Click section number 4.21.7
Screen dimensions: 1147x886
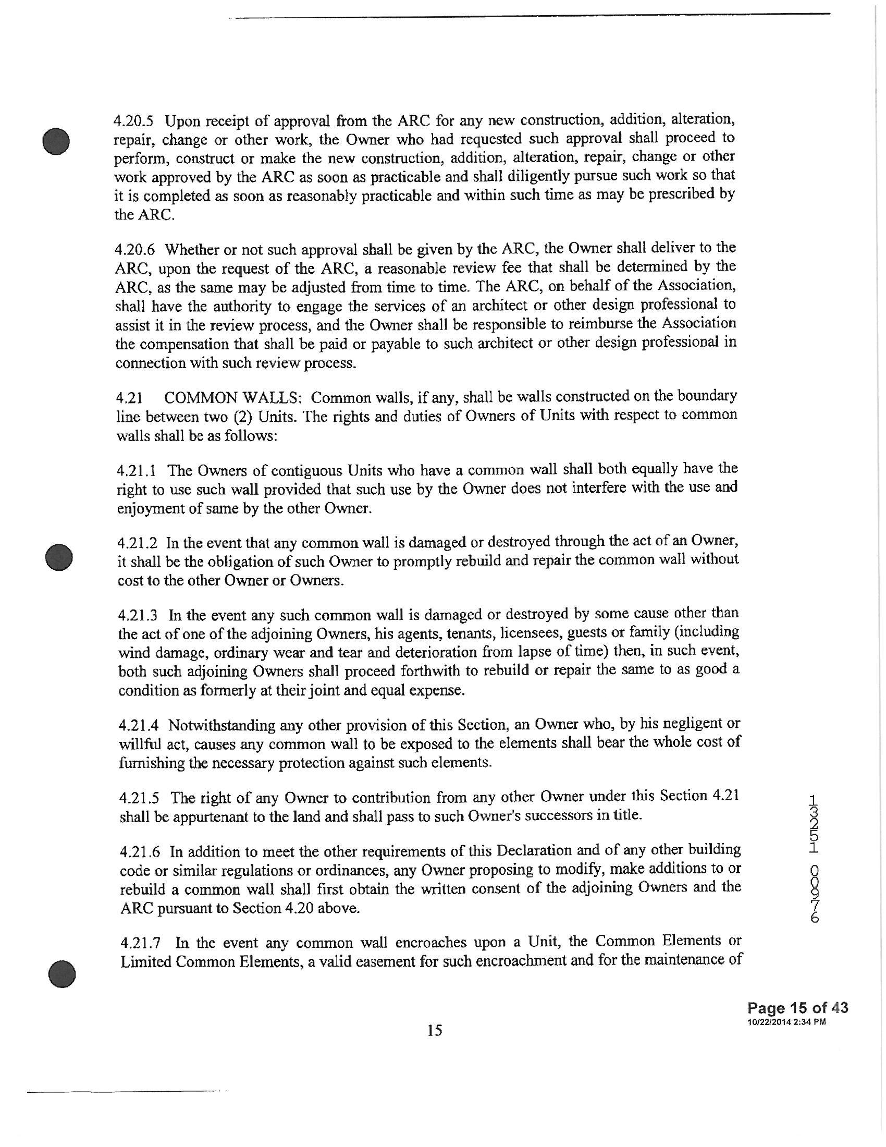point(140,943)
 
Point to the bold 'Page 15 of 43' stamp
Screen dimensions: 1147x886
point(797,1008)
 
